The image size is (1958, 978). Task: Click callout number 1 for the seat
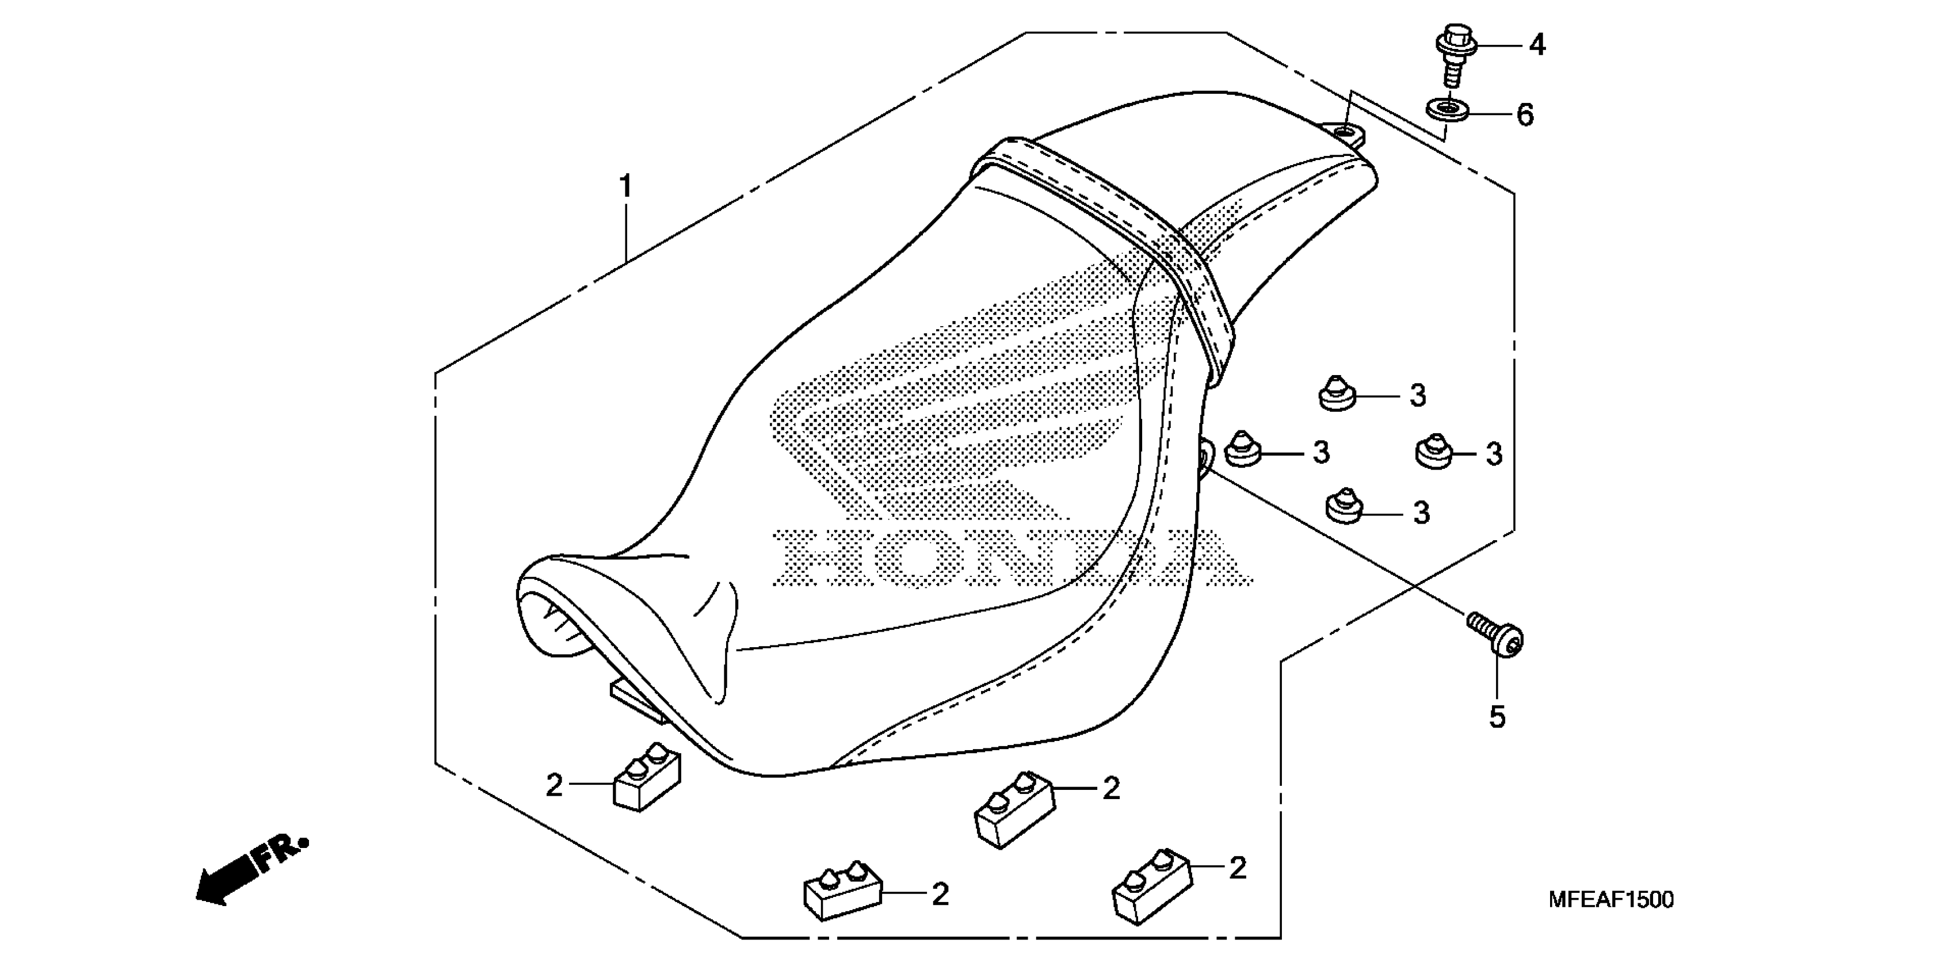pyautogui.click(x=625, y=187)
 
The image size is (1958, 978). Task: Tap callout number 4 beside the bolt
pyautogui.click(x=1537, y=45)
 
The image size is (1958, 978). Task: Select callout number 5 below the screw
pyautogui.click(x=1497, y=717)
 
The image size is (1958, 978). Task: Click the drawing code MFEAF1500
pyautogui.click(x=1610, y=900)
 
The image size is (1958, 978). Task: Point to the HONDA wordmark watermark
pyautogui.click(x=1011, y=559)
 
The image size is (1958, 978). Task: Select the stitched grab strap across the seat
pyautogui.click(x=1117, y=235)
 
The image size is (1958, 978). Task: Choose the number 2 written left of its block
pyautogui.click(x=554, y=785)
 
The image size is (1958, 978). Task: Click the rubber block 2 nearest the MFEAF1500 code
pyautogui.click(x=1151, y=885)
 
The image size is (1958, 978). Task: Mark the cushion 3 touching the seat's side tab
pyautogui.click(x=1243, y=450)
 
